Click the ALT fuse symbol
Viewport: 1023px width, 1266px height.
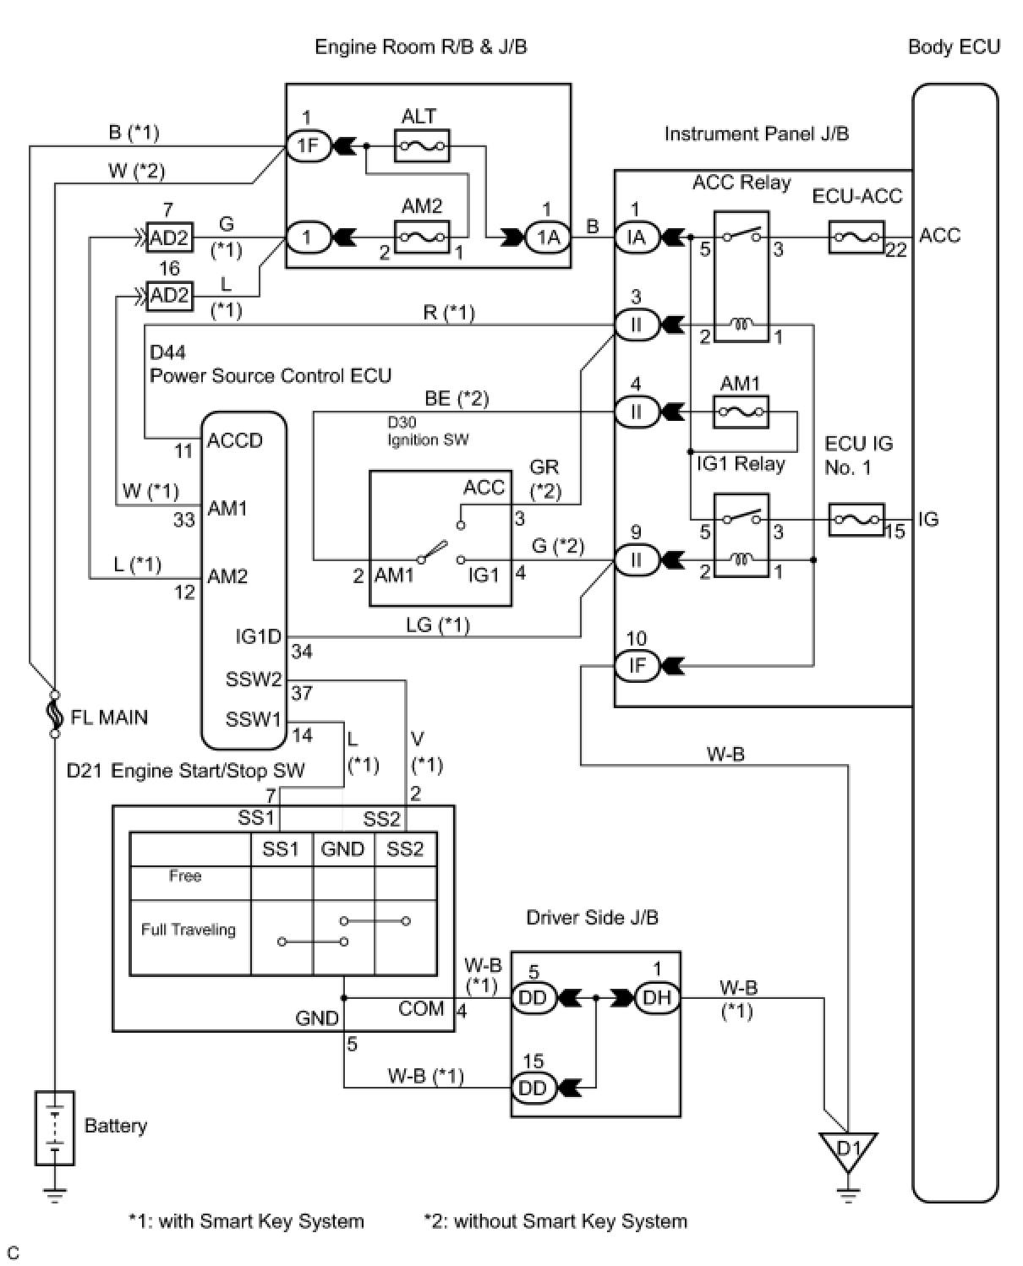(x=423, y=146)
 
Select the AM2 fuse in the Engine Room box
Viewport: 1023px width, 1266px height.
(x=423, y=237)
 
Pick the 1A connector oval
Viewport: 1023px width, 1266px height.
(x=549, y=237)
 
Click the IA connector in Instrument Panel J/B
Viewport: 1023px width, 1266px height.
(x=636, y=237)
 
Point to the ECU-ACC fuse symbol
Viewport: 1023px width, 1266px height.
(x=856, y=237)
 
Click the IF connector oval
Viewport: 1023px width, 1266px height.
(x=637, y=666)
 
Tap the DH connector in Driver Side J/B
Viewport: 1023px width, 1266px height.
(x=656, y=998)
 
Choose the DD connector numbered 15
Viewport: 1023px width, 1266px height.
(x=533, y=1088)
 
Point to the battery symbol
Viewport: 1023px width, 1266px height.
(x=55, y=1127)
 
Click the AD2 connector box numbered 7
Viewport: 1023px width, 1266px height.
(x=169, y=237)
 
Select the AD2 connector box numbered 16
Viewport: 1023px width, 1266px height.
(x=169, y=296)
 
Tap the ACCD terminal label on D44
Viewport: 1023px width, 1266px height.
(x=234, y=440)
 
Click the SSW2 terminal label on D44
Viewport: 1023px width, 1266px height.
(x=254, y=679)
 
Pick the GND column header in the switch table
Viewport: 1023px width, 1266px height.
(x=342, y=849)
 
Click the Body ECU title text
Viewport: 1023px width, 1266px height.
(x=954, y=46)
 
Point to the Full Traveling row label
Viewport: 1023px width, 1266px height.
(x=189, y=930)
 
